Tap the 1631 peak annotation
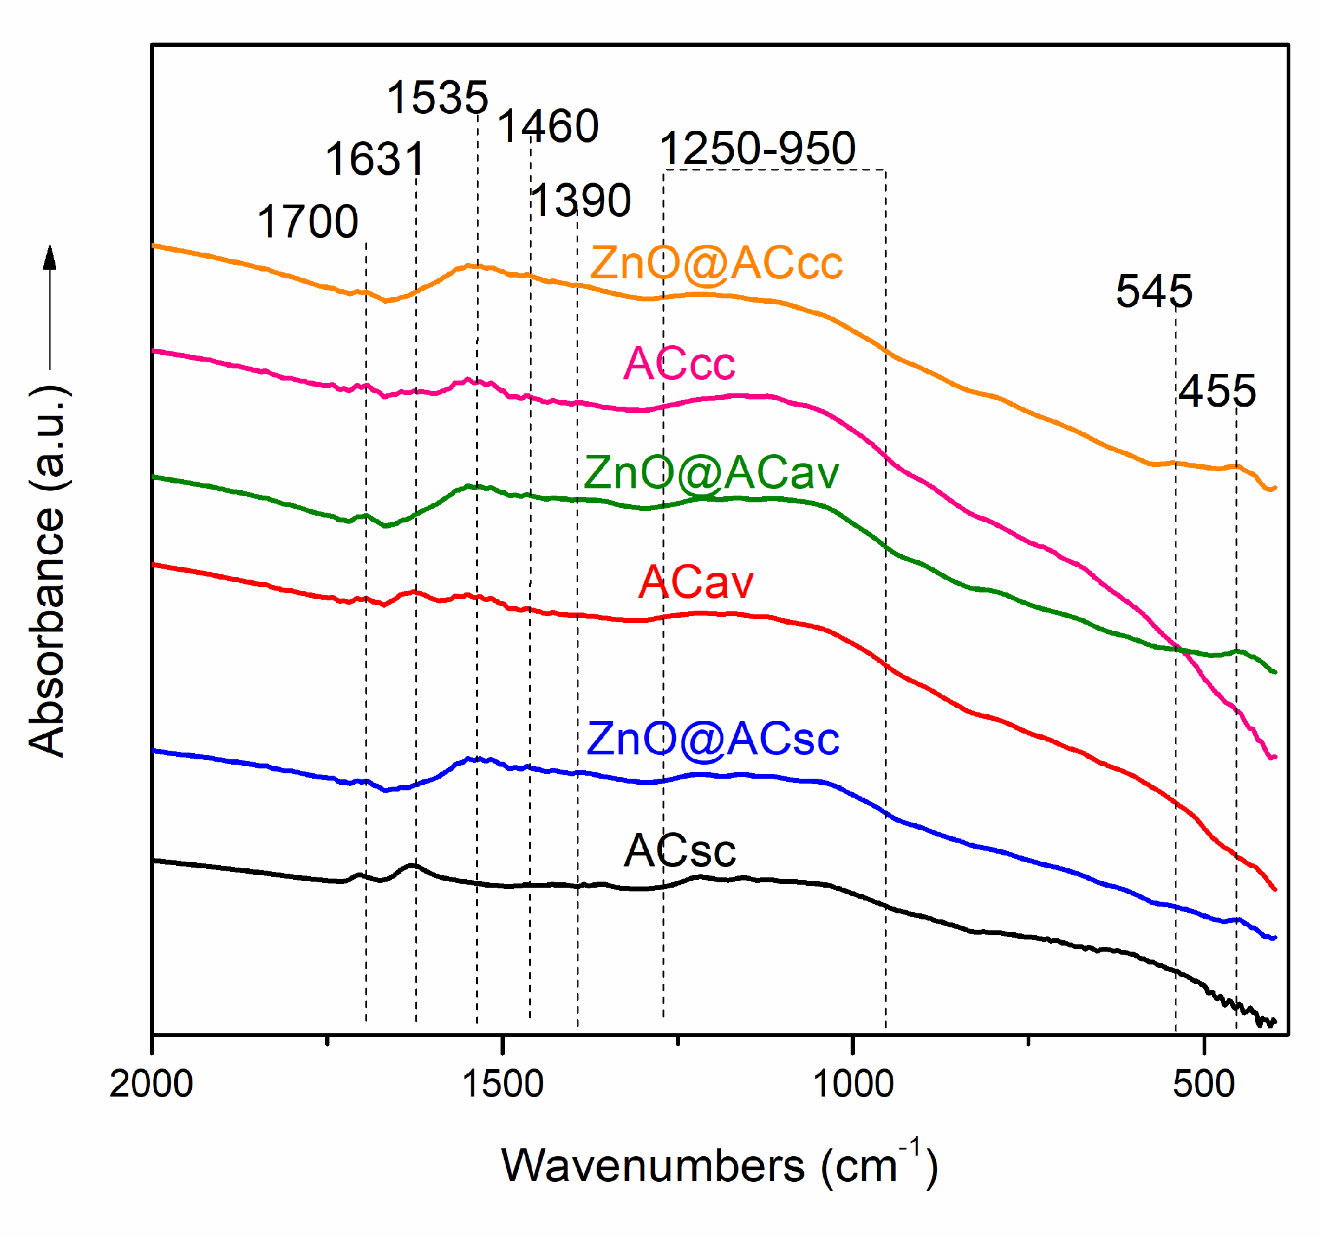[x=376, y=160]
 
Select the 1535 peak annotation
[x=438, y=98]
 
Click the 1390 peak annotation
[x=581, y=200]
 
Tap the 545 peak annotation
[x=1155, y=291]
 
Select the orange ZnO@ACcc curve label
[x=716, y=262]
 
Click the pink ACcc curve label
[x=679, y=363]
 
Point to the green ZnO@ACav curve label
[x=711, y=472]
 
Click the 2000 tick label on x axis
[x=151, y=1084]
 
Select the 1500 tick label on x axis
[x=503, y=1084]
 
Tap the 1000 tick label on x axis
[x=853, y=1084]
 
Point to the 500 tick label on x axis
[x=1204, y=1084]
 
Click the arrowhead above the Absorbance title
[x=50, y=258]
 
